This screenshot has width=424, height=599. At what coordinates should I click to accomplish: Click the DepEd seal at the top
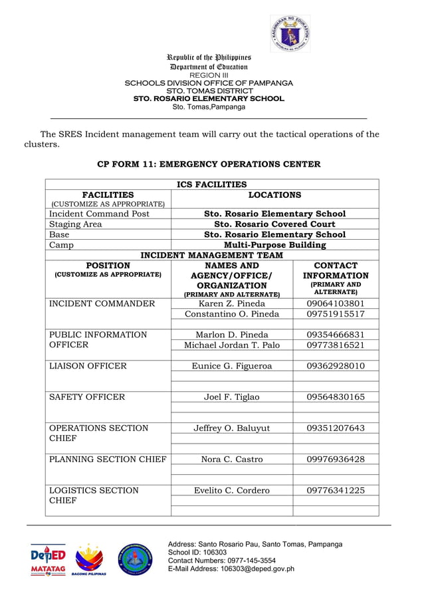coord(290,33)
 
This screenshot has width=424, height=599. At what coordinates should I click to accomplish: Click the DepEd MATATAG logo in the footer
coord(49,560)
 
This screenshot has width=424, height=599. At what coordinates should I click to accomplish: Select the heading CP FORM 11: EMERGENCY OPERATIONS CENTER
coord(209,164)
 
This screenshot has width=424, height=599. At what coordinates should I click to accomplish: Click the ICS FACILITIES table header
coord(211,185)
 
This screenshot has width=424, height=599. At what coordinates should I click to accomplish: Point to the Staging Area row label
coord(76,224)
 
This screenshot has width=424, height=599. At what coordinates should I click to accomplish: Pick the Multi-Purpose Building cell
coord(274,245)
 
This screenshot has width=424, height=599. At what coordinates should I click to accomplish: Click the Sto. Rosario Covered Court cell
coord(274,224)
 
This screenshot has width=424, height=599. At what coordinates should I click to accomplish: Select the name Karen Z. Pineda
coord(232,303)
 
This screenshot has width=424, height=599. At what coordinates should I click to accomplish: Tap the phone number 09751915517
coord(336,314)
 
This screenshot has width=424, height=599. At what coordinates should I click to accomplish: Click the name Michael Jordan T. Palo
coord(232,345)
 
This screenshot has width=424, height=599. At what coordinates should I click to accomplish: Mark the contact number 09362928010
coord(336,366)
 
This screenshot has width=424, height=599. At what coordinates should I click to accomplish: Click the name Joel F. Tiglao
coord(232,397)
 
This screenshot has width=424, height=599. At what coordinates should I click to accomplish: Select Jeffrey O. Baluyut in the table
coord(232,428)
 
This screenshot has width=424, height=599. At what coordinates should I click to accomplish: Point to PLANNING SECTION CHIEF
coord(108,460)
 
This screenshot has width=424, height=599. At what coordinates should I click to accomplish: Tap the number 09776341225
coord(336,491)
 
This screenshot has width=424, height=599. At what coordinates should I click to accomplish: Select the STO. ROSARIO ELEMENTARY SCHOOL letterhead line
coord(209,98)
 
